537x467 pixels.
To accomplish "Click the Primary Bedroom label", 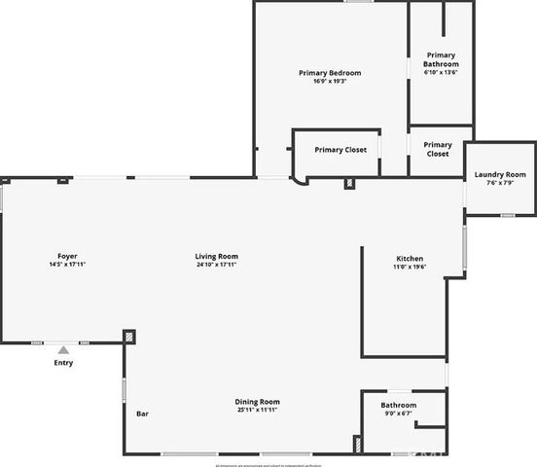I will (x=329, y=73).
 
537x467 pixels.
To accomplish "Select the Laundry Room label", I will (x=499, y=175).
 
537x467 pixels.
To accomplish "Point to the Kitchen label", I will (x=409, y=258).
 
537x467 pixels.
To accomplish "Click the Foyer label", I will (x=67, y=256).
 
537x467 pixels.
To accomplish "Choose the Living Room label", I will (x=216, y=256).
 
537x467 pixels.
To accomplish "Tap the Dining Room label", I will (x=257, y=402).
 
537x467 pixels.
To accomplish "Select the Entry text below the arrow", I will (x=62, y=363).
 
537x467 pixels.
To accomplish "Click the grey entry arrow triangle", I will (x=62, y=349).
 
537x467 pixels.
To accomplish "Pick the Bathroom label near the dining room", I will (x=398, y=405).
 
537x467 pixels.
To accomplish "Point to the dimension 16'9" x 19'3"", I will (x=329, y=82).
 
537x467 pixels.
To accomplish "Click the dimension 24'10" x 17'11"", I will (x=216, y=265).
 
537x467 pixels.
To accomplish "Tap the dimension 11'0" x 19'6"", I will (x=409, y=267).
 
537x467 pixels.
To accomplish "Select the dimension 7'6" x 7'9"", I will (x=499, y=184).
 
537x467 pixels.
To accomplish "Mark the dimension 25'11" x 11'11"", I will (x=257, y=411).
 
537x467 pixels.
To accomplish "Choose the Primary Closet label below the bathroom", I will (x=438, y=149).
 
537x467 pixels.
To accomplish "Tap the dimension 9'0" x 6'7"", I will (x=398, y=413).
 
